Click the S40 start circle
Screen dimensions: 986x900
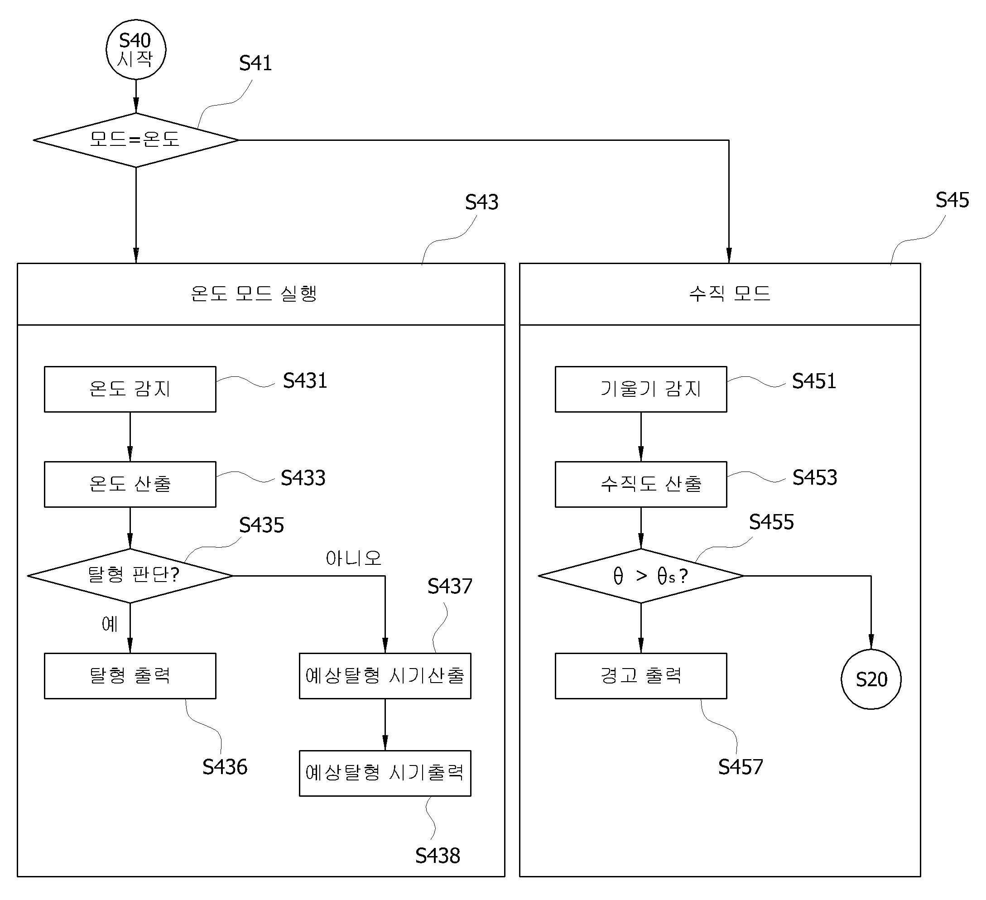coord(136,49)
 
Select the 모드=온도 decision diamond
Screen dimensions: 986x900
coord(136,140)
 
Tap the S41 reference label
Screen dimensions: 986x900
coord(255,63)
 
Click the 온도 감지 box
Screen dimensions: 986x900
coord(130,389)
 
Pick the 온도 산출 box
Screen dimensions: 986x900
coord(130,484)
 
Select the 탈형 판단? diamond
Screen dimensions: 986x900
coord(130,576)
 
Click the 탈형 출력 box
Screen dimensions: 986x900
coord(130,675)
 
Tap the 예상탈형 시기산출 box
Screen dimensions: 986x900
coord(385,675)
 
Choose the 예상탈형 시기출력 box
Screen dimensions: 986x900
coord(385,773)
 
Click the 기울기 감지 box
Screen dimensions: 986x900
coord(641,389)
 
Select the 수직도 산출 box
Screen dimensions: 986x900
coord(641,484)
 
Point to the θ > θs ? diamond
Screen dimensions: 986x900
coord(641,576)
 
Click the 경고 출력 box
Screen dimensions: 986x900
coord(641,675)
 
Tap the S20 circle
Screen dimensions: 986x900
coord(871,679)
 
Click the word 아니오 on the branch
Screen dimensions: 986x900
coord(353,558)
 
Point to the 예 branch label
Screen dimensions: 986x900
coord(110,624)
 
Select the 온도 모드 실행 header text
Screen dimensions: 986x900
coord(254,294)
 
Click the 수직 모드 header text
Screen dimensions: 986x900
coord(729,294)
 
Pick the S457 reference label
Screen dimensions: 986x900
coord(741,766)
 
